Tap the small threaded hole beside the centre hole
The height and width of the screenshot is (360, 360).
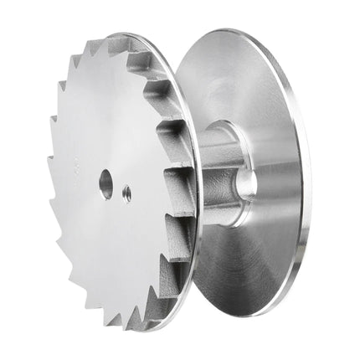[x=126, y=193]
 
